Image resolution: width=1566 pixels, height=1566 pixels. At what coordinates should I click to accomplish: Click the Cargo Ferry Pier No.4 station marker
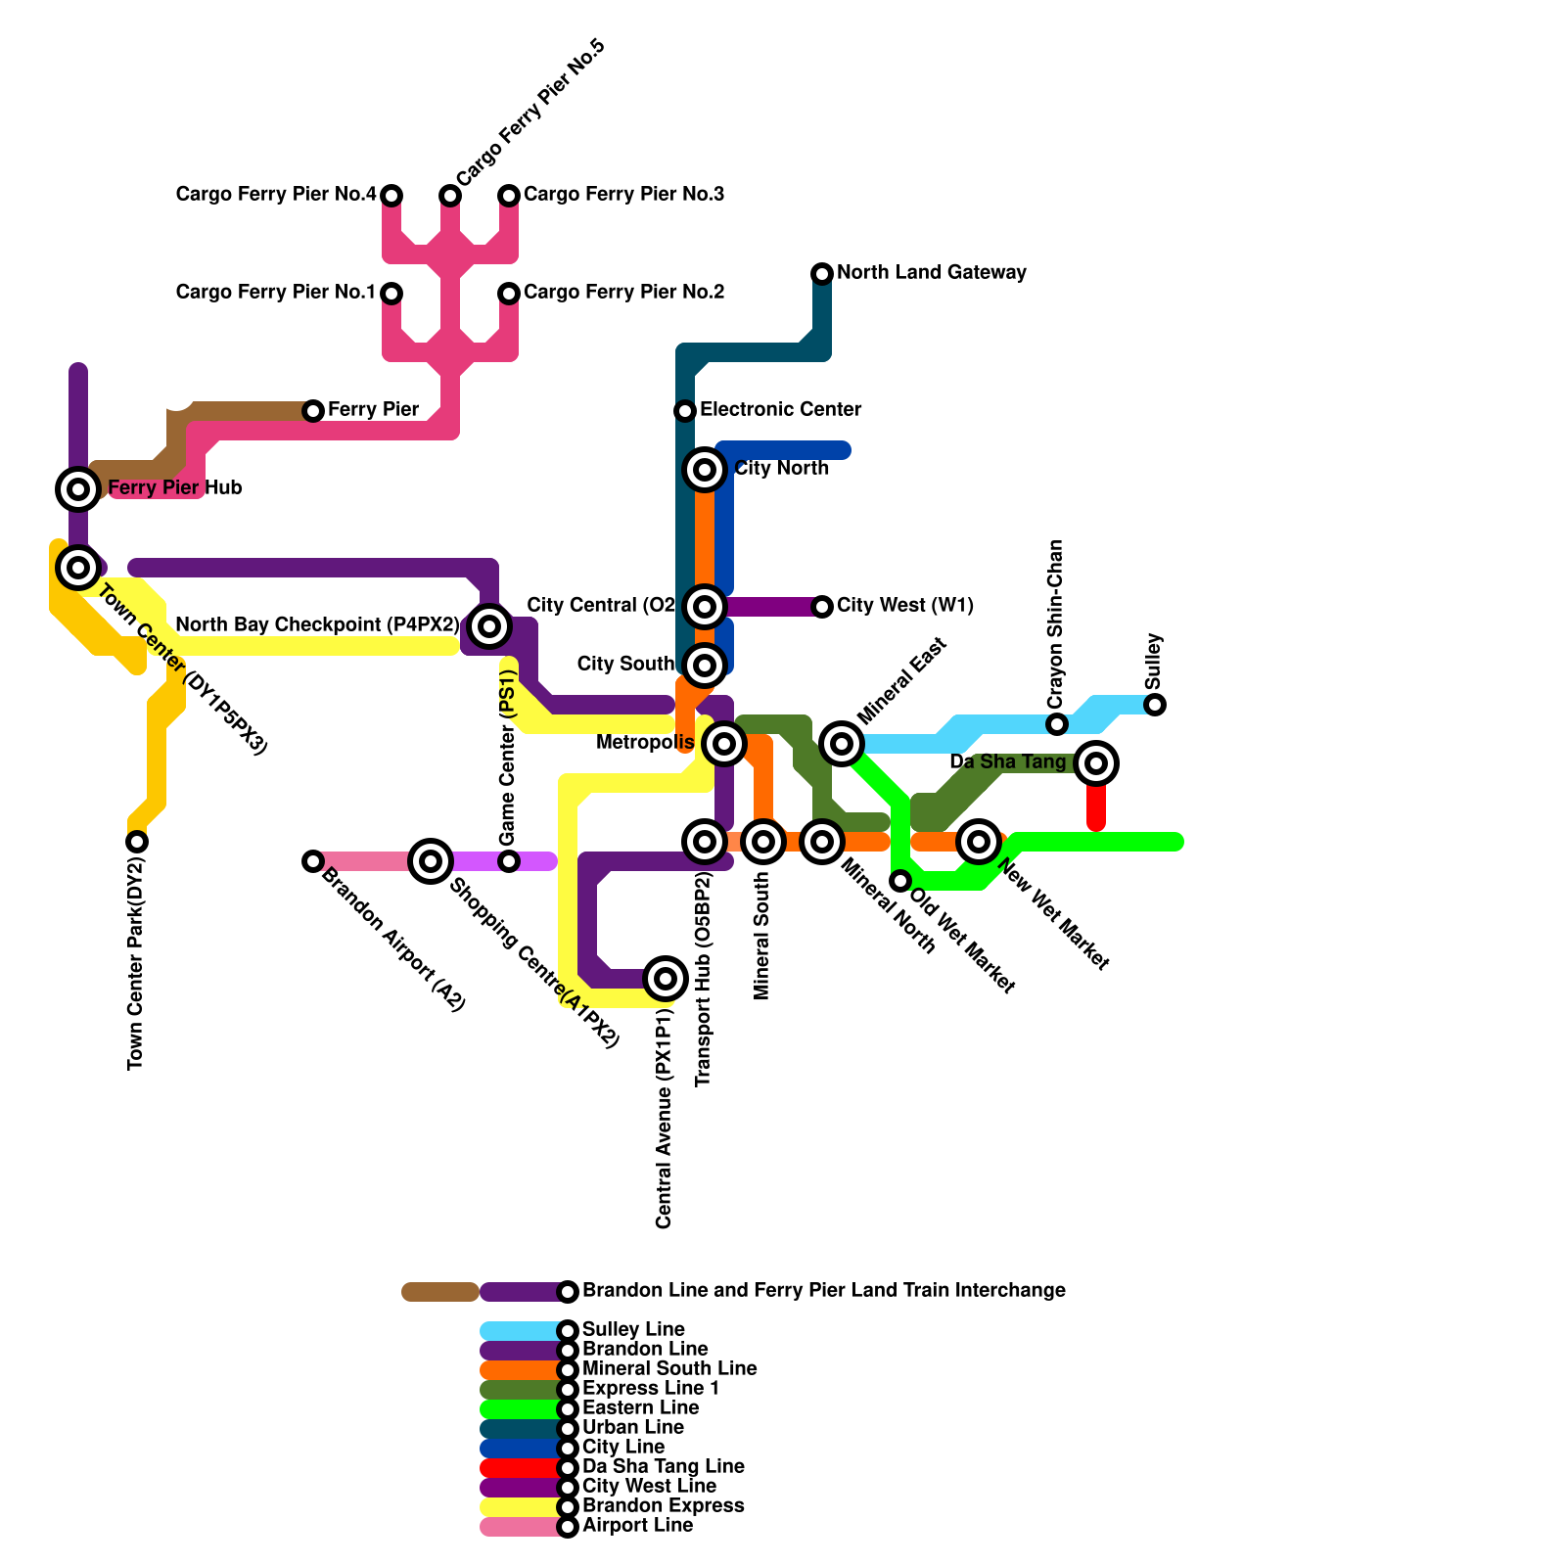391,196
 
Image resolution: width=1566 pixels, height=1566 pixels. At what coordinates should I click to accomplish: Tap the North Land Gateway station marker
822,273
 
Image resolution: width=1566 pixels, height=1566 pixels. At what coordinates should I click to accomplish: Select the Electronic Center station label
780,409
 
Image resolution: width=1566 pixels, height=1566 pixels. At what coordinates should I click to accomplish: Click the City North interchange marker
705,470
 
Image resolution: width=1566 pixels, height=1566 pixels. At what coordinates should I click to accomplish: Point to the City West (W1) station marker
822,607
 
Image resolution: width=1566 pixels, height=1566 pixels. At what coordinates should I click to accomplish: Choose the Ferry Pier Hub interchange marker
78,488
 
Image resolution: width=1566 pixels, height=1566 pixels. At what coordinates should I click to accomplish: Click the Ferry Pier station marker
313,411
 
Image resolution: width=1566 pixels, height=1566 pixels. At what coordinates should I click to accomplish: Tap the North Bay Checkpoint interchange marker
489,625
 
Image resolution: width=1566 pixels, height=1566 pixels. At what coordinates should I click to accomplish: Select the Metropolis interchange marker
724,744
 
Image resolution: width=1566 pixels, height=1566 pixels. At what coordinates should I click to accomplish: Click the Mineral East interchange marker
842,744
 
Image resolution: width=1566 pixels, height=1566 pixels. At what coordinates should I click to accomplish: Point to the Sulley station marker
1155,705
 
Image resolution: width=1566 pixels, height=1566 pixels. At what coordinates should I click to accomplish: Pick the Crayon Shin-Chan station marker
1057,724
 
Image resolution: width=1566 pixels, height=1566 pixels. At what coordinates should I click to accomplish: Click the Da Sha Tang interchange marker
1096,763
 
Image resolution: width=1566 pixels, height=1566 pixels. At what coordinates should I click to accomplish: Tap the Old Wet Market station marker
900,881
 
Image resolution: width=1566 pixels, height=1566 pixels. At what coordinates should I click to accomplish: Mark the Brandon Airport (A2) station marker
313,861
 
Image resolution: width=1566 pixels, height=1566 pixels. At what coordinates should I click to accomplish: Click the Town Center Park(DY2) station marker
137,842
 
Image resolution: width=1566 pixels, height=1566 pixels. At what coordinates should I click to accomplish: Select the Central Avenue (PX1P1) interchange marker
666,978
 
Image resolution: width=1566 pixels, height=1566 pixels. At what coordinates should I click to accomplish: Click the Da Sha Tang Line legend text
663,1466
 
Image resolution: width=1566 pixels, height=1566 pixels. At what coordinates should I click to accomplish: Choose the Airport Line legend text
637,1525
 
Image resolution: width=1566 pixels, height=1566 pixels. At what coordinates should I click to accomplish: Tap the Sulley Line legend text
633,1329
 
